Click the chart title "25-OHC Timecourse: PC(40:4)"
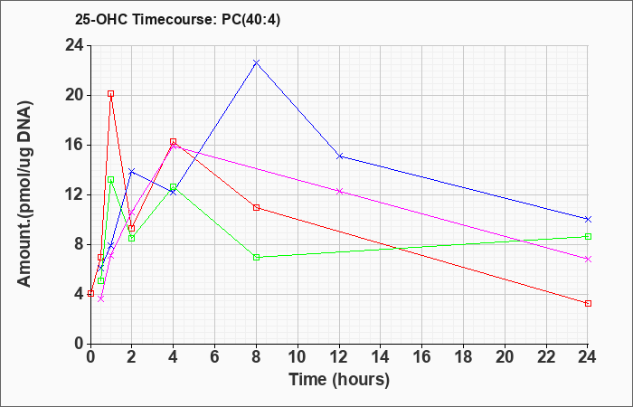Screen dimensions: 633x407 [x=177, y=19]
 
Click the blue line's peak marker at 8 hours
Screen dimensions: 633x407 [x=256, y=62]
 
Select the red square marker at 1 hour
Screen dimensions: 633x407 [x=110, y=94]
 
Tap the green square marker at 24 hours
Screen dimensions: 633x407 [x=588, y=237]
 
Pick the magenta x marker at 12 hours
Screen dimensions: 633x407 [x=339, y=192]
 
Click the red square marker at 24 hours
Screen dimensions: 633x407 [x=588, y=303]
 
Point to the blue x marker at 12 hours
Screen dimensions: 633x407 [x=339, y=156]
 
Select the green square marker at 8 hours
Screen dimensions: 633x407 [x=256, y=257]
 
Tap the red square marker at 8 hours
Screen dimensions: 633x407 [x=256, y=207]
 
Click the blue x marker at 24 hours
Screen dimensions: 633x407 [x=588, y=219]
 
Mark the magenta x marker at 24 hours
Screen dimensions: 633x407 [x=588, y=260]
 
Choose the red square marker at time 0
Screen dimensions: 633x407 [x=90, y=293]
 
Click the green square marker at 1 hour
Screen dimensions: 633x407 [x=110, y=180]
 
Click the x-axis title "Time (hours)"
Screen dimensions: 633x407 [x=339, y=380]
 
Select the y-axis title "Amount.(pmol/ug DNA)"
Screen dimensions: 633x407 [x=25, y=194]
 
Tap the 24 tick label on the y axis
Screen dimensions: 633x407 [x=75, y=45]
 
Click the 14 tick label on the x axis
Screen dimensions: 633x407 [x=381, y=357]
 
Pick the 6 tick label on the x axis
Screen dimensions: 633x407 [x=215, y=357]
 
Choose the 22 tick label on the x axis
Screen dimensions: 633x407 [x=546, y=357]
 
